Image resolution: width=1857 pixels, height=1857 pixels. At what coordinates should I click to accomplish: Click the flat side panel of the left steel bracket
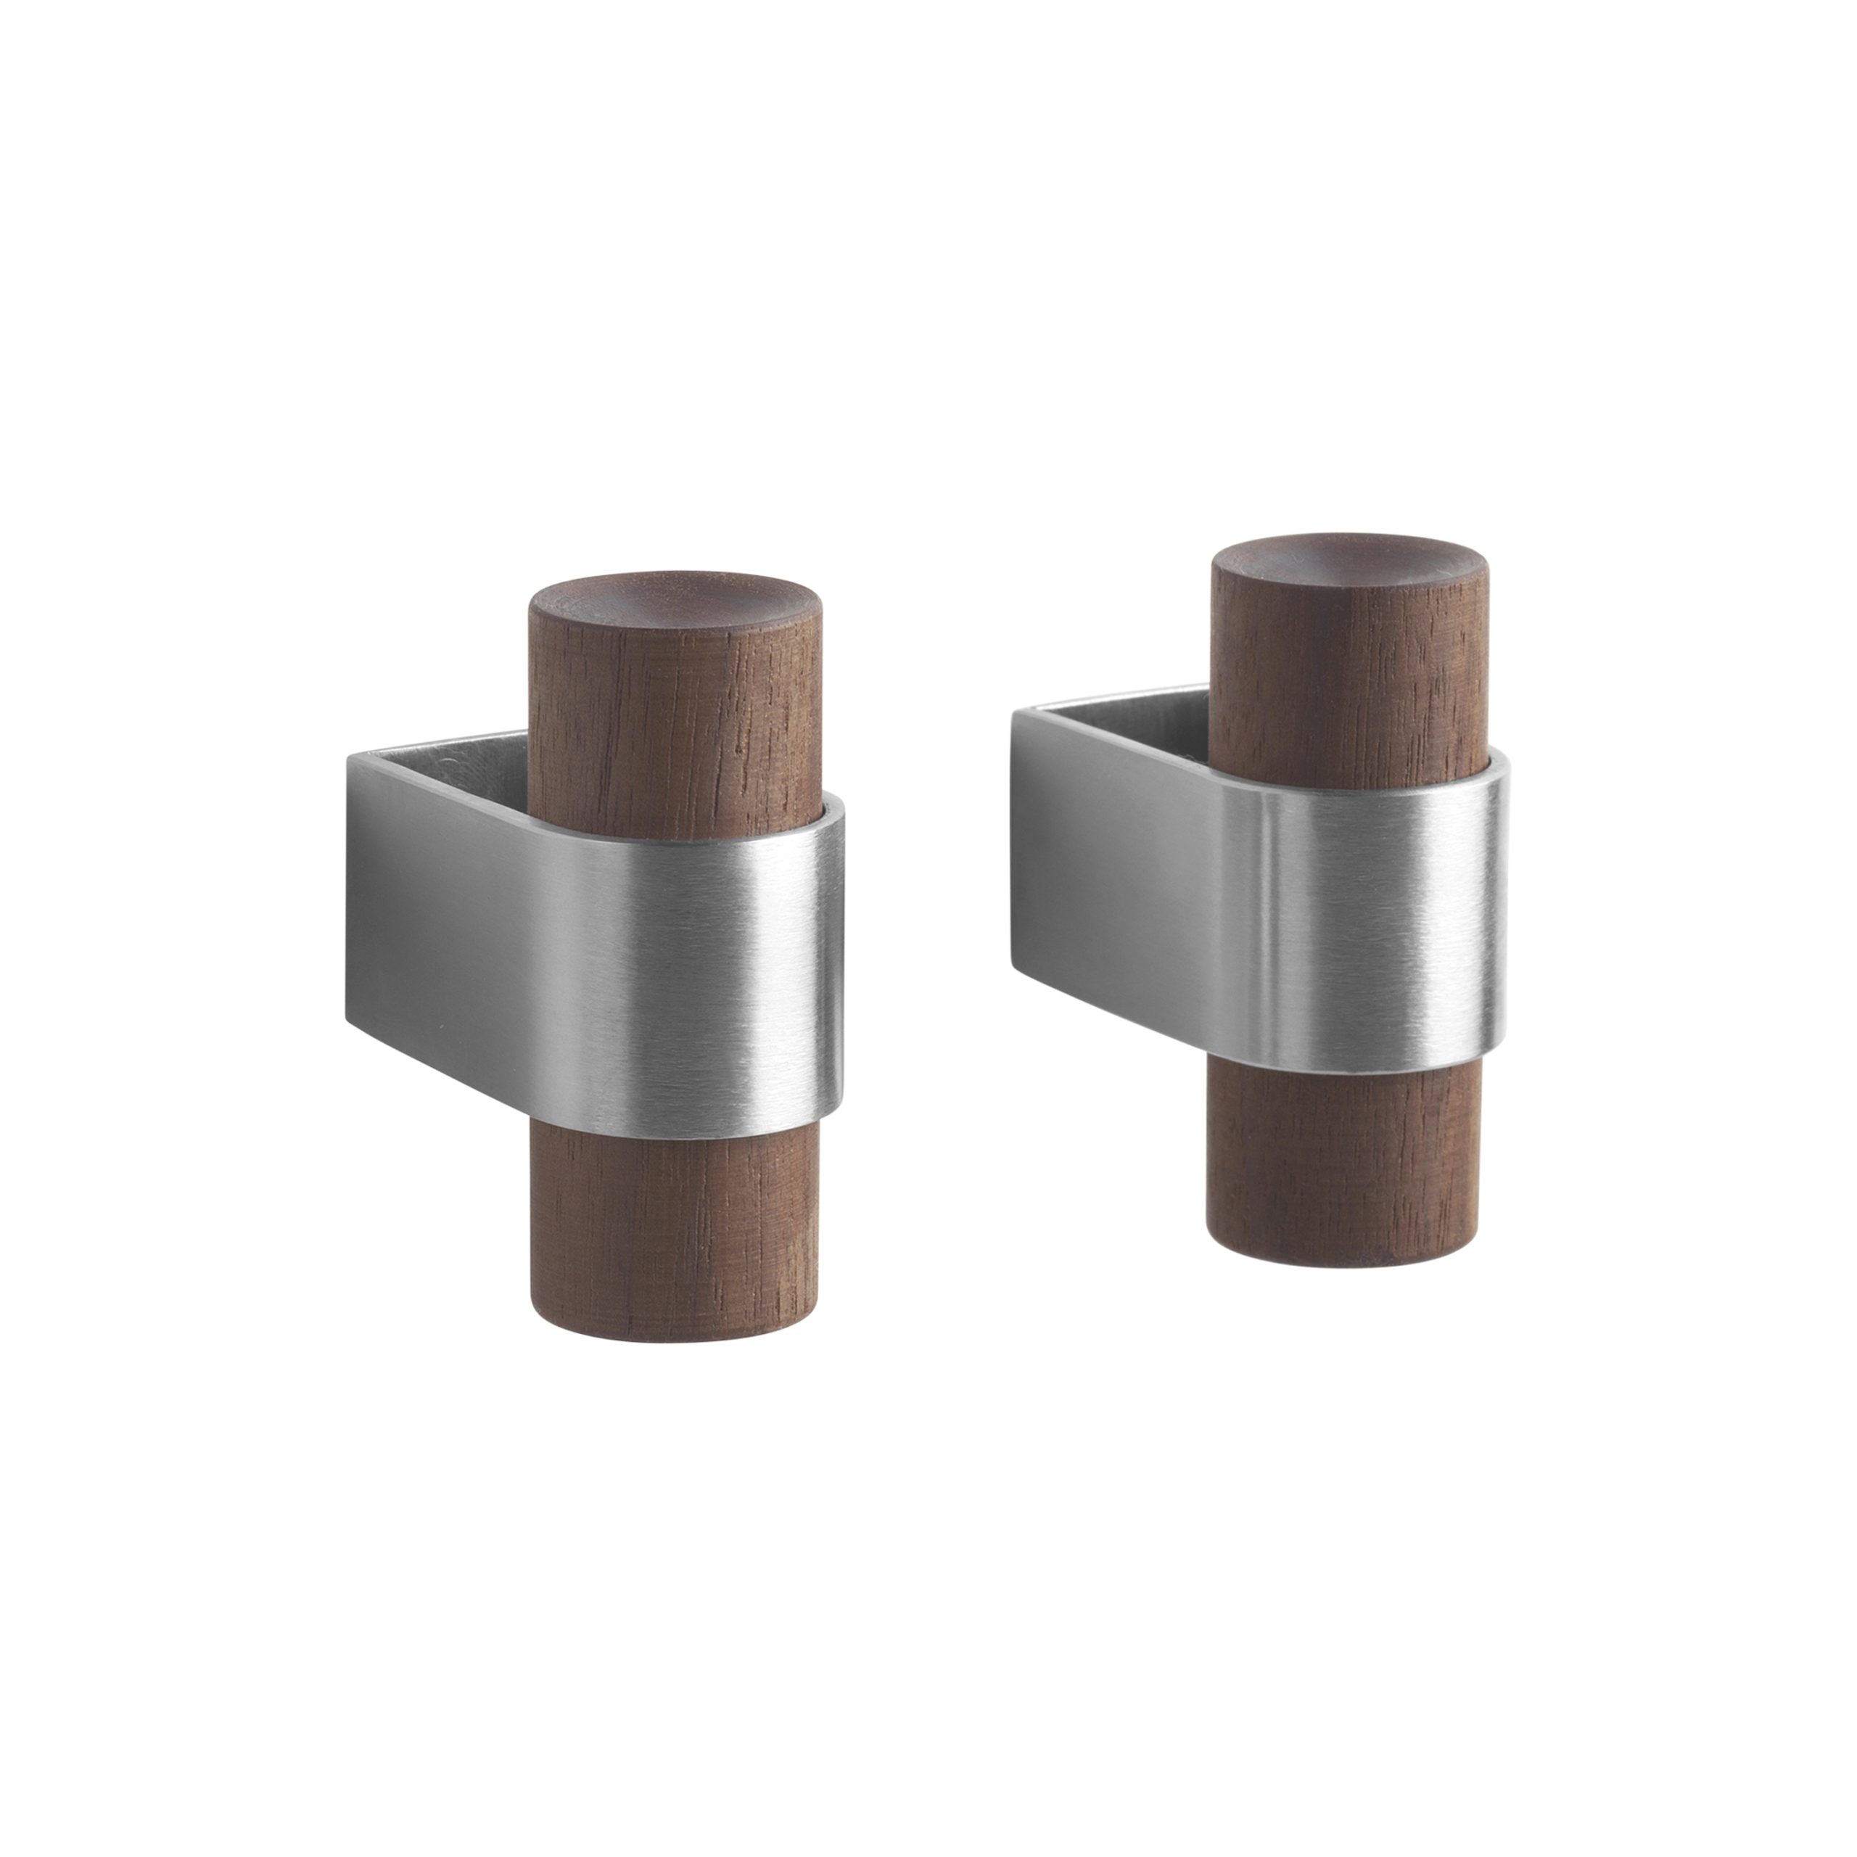tap(432, 913)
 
